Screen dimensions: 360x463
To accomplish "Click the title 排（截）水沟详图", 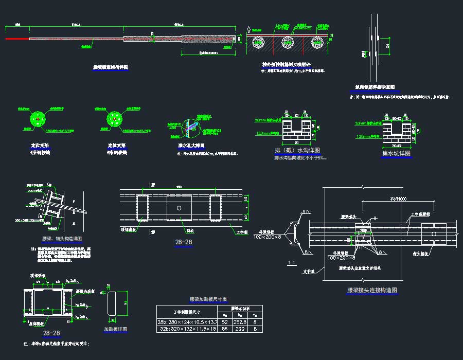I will pyautogui.click(x=298, y=150).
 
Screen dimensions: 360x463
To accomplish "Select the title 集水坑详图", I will pyautogui.click(x=396, y=153).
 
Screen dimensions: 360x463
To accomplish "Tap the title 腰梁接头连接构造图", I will pyautogui.click(x=372, y=291).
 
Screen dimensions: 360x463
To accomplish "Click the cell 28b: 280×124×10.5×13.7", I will pyautogui.click(x=187, y=321).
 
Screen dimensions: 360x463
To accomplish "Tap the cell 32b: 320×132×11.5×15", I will pyautogui.click(x=187, y=328).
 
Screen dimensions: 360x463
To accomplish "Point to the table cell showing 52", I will pyautogui.click(x=225, y=321).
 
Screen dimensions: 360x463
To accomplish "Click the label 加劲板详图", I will pyautogui.click(x=115, y=329).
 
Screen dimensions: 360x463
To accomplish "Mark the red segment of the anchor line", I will pyautogui.click(x=17, y=39).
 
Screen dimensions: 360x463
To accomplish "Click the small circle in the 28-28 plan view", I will pyautogui.click(x=178, y=208).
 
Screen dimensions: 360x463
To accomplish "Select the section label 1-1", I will pyautogui.click(x=292, y=263).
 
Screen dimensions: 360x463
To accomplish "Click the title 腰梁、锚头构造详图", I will pyautogui.click(x=62, y=239).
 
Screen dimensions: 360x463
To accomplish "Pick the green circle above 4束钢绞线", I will pyautogui.click(x=38, y=120).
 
